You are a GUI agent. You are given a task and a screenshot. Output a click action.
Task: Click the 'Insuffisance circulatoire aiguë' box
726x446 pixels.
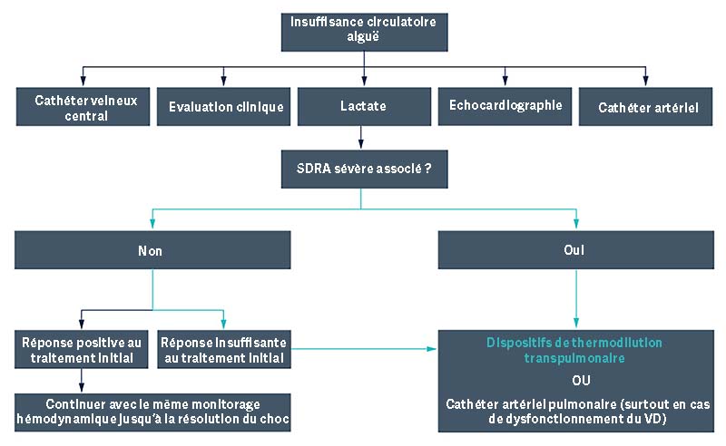(362, 29)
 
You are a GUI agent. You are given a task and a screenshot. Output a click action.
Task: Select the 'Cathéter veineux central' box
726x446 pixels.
(83, 106)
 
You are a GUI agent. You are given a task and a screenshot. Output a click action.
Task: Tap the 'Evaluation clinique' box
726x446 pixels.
(225, 106)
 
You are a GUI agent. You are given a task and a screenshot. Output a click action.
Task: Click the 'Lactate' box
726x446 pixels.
(362, 106)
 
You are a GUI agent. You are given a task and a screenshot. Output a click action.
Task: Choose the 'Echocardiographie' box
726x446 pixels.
(505, 106)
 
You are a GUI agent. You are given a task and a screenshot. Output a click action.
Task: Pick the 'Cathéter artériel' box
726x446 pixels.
(647, 106)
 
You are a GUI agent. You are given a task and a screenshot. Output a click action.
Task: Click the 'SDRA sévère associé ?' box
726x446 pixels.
(362, 167)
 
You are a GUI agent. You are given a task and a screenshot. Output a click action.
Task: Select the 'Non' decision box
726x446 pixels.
(152, 250)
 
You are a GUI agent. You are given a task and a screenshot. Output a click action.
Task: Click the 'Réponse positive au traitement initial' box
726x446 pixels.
(83, 349)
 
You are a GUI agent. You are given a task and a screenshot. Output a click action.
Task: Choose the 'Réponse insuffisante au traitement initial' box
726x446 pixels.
(223, 349)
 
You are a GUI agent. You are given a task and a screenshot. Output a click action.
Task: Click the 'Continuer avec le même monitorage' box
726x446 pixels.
(152, 410)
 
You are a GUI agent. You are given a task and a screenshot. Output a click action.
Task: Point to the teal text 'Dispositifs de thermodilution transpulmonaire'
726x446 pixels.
(574, 351)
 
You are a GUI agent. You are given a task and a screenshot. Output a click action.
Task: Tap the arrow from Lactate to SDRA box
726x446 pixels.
(362, 136)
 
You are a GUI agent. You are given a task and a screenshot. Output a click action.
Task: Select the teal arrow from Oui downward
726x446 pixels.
(574, 298)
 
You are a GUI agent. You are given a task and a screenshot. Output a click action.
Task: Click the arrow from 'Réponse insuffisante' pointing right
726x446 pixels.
(363, 346)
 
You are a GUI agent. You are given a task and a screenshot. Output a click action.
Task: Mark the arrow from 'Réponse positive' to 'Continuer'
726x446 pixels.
(82, 380)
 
